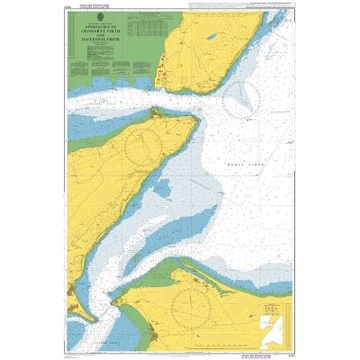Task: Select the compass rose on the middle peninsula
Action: [145, 143]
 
